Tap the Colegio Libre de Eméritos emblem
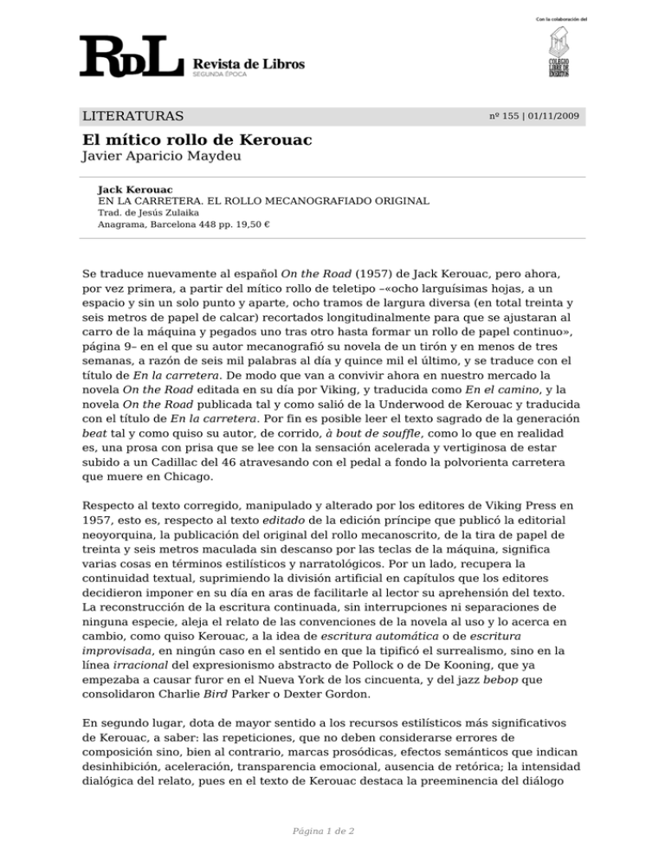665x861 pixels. click(558, 53)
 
